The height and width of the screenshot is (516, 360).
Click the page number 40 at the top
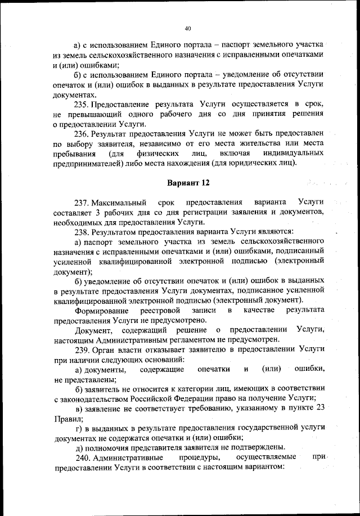point(188,28)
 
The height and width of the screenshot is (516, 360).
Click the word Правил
point(67,418)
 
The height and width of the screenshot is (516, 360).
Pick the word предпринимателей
point(88,163)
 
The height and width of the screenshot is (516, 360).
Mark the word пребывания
point(73,154)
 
